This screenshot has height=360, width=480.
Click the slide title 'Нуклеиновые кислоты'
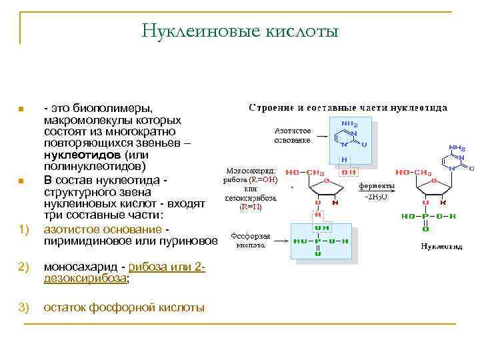click(x=240, y=31)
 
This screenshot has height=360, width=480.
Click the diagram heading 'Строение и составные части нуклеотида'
click(x=348, y=107)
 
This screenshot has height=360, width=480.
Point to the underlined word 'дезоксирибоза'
click(x=85, y=279)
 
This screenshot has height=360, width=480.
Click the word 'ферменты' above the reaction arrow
click(x=377, y=185)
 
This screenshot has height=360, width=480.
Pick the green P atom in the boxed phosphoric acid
click(x=319, y=240)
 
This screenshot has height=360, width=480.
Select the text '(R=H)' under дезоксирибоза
click(x=251, y=207)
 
